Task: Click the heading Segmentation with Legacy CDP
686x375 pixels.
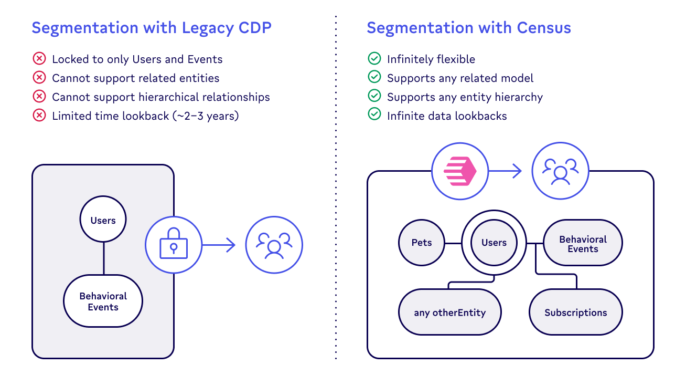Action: point(152,28)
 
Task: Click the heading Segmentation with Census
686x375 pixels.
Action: point(468,28)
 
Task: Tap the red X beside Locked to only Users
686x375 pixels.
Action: point(39,59)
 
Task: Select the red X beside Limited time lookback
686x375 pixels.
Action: point(39,116)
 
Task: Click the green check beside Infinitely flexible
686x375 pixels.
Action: point(374,59)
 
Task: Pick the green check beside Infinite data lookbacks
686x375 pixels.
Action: point(374,115)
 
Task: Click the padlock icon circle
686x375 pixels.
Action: point(173,245)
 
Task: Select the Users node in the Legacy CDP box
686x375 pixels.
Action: point(103,220)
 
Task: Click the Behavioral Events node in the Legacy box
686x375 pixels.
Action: point(103,301)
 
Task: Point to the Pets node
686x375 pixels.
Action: point(422,243)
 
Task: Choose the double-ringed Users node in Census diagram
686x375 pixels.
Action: point(494,243)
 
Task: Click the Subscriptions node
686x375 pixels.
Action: point(575,312)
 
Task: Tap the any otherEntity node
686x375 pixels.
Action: point(449,312)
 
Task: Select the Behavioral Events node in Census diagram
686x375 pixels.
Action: point(582,244)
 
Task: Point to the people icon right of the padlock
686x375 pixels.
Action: point(274,245)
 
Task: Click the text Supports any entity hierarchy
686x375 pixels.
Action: point(464,97)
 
